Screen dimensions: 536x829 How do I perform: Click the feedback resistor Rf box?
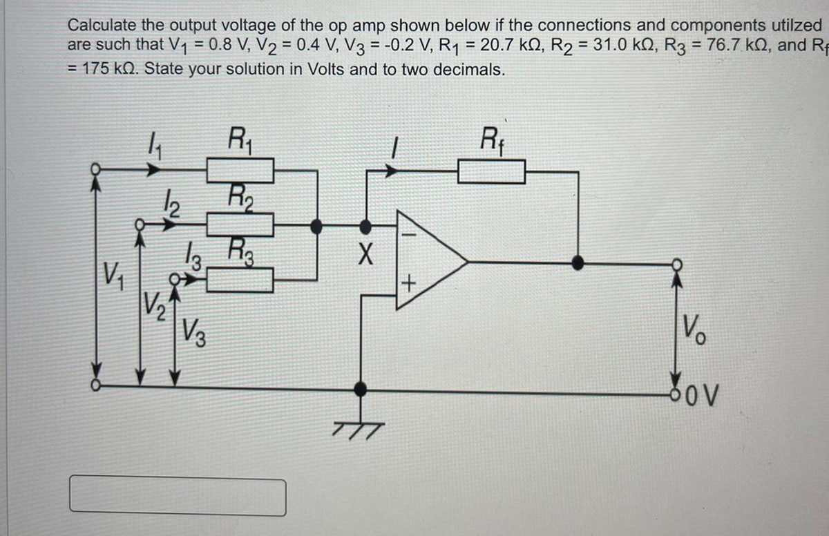491,171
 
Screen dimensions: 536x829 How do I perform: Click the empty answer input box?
178,497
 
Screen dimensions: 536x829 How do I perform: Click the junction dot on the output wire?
578,262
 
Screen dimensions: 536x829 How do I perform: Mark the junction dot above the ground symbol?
359,389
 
